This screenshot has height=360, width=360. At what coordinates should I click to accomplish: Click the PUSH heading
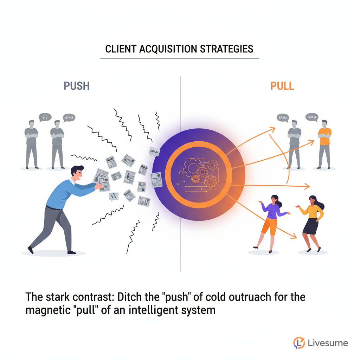click(77, 86)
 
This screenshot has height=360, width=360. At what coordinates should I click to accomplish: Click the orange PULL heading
click(282, 86)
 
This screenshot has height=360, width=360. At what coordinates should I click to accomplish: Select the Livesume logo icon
click(299, 343)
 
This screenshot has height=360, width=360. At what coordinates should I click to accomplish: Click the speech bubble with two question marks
click(44, 117)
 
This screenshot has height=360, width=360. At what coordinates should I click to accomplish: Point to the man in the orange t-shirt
click(324, 142)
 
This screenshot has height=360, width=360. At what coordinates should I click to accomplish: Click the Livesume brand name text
click(327, 343)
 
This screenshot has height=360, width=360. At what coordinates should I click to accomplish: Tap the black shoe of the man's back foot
click(31, 250)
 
